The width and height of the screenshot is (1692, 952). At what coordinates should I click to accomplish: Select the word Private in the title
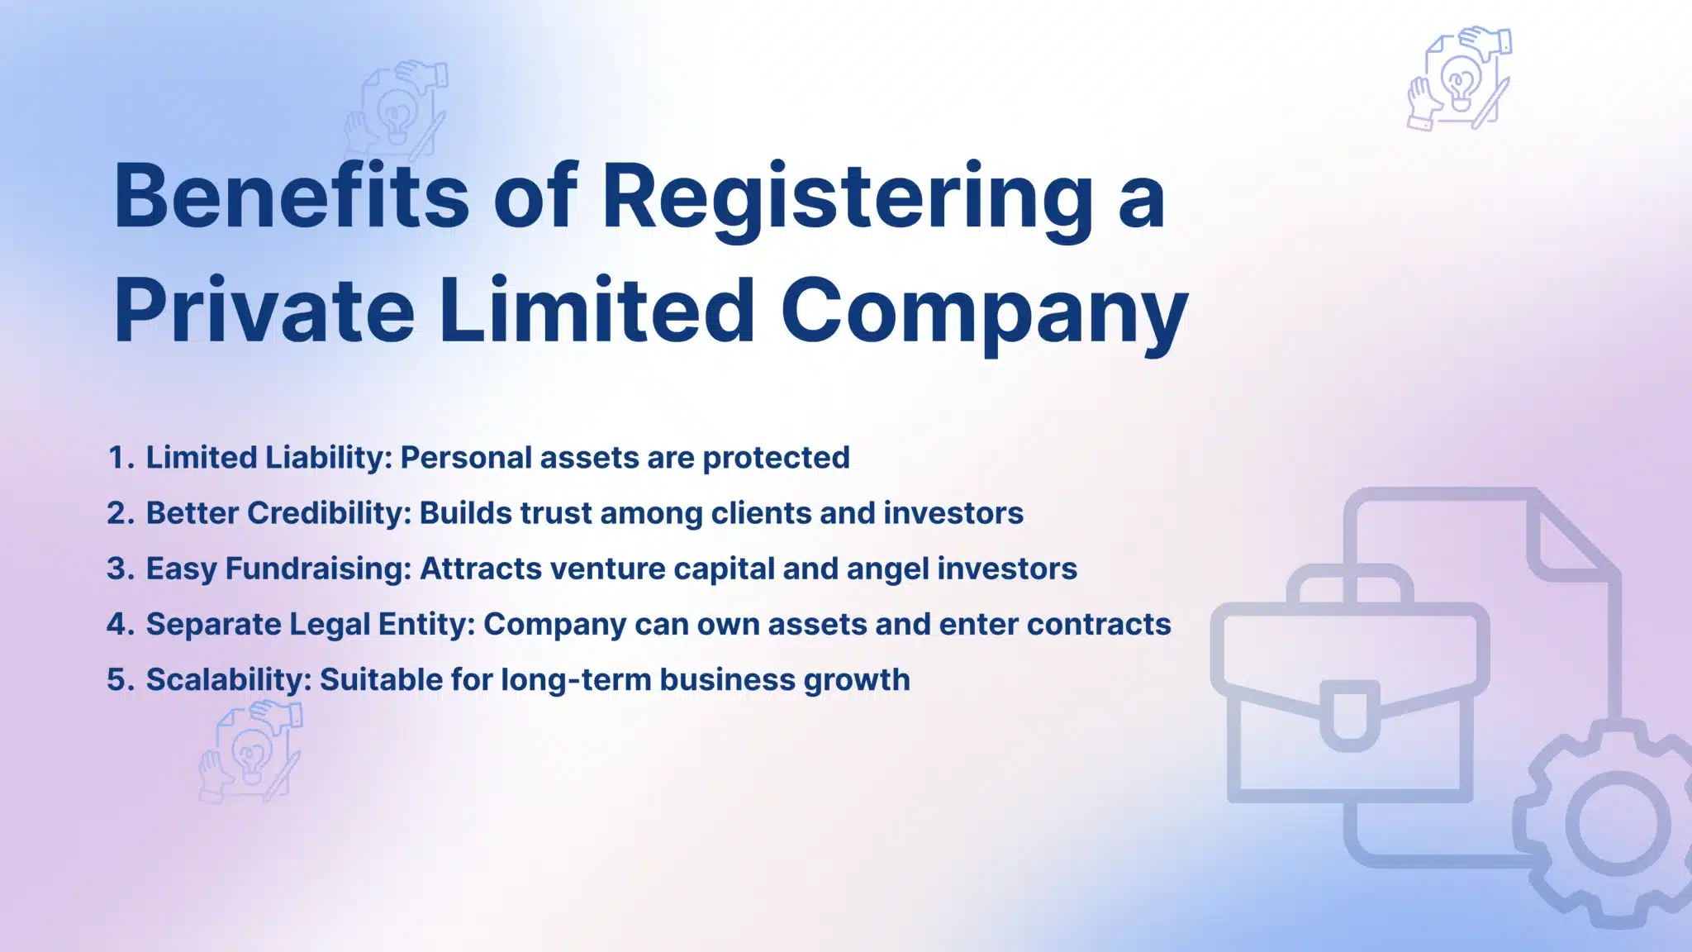pos(264,312)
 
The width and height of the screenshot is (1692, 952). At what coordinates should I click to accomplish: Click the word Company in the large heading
pos(983,312)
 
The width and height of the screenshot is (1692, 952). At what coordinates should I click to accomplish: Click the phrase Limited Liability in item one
pos(268,458)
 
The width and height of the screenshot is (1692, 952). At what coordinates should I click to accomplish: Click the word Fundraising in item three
pos(317,569)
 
